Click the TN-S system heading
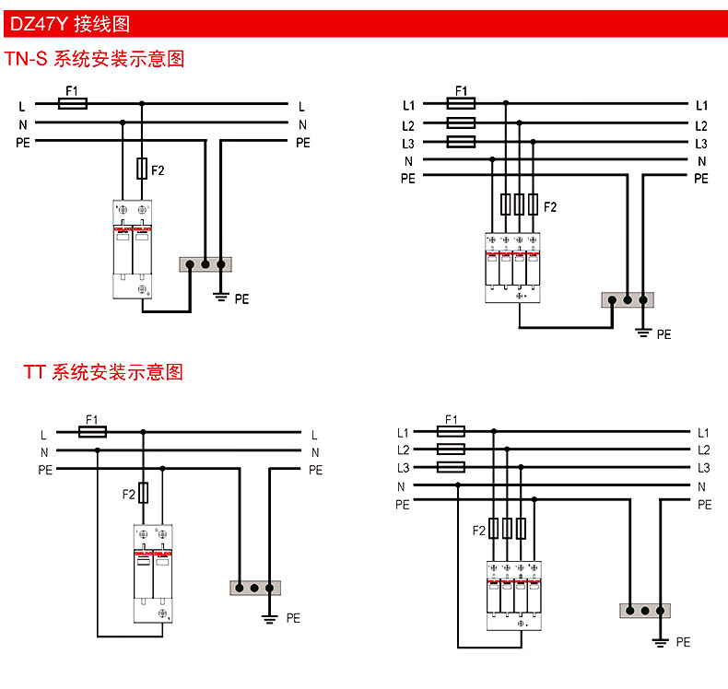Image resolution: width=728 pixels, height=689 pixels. (95, 60)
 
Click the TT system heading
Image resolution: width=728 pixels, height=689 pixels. (103, 372)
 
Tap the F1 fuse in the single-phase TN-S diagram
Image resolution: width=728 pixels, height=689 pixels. (73, 104)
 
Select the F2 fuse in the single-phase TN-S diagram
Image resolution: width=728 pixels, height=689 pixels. (142, 169)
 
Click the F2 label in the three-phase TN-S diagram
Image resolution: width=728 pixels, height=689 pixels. (550, 206)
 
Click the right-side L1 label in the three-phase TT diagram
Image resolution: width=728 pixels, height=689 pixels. (703, 432)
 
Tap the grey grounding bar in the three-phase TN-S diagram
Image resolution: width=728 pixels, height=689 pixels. (628, 299)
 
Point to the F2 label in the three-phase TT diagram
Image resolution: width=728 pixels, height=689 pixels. (478, 531)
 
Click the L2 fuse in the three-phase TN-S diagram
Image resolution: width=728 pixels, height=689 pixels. (460, 123)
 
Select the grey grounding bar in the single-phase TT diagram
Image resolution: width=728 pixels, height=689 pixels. (253, 587)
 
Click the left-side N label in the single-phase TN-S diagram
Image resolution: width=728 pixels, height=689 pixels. (21, 123)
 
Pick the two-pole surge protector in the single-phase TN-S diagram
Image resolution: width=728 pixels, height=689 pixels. (132, 249)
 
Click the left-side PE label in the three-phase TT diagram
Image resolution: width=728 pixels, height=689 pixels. (402, 505)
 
